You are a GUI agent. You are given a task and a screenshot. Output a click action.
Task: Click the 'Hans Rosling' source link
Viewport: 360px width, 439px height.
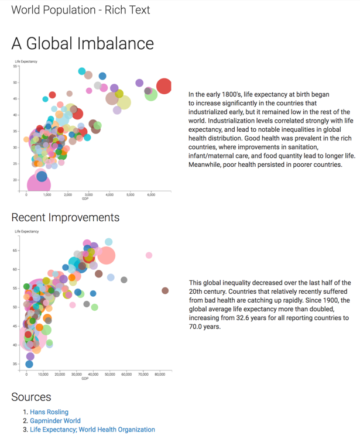coord(49,412)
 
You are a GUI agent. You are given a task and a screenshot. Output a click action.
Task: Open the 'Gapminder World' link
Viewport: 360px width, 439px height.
coord(55,421)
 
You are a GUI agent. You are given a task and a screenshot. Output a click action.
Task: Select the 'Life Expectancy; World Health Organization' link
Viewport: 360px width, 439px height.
coord(92,430)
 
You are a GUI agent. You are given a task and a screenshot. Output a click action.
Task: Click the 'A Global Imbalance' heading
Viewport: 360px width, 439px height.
coord(83,44)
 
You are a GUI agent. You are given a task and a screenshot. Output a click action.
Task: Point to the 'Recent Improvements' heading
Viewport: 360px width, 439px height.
coord(66,218)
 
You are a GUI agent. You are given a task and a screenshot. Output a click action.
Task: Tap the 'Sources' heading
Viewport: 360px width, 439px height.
coord(31,397)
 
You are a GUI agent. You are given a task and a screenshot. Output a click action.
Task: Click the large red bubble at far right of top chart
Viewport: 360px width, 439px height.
coord(164,86)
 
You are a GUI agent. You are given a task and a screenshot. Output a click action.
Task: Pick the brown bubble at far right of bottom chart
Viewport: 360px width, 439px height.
coord(165,291)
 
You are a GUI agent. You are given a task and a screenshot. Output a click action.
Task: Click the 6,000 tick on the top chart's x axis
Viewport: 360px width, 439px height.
coord(151,195)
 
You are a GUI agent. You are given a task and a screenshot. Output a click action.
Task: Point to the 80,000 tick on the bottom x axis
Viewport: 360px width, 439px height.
coord(160,374)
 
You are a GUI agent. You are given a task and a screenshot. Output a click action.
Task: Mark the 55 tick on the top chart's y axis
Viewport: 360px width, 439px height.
coord(16,66)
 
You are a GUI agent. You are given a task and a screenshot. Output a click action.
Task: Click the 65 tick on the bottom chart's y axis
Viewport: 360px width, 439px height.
coord(16,251)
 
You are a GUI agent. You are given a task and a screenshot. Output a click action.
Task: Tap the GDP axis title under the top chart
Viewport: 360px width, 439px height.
coord(85,199)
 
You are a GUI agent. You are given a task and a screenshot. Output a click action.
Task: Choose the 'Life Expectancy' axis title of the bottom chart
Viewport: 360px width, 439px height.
coord(26,232)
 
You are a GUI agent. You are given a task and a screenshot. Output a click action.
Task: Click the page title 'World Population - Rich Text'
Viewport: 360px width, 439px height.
coord(81,10)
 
